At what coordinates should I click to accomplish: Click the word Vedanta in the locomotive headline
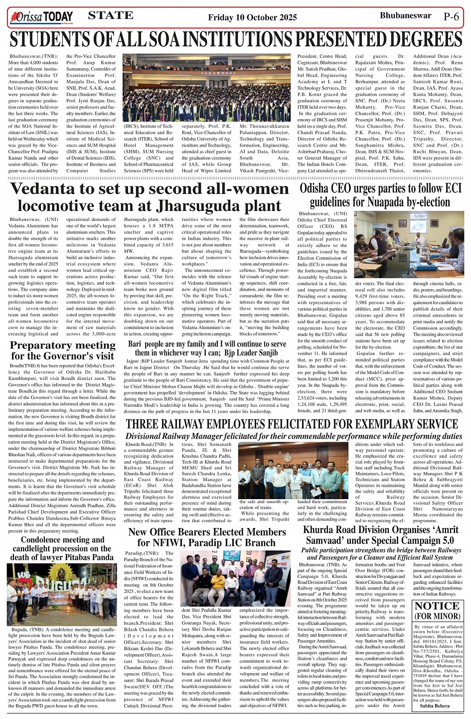44,189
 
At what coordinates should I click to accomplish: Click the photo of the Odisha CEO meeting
409,244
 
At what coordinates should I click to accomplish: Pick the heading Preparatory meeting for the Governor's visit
63,350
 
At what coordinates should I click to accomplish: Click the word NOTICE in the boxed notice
437,606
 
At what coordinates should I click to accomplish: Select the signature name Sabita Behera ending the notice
435,706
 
